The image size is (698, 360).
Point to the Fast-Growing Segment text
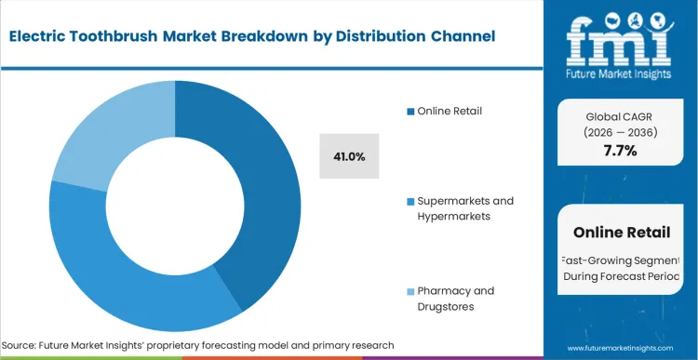(621, 260)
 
